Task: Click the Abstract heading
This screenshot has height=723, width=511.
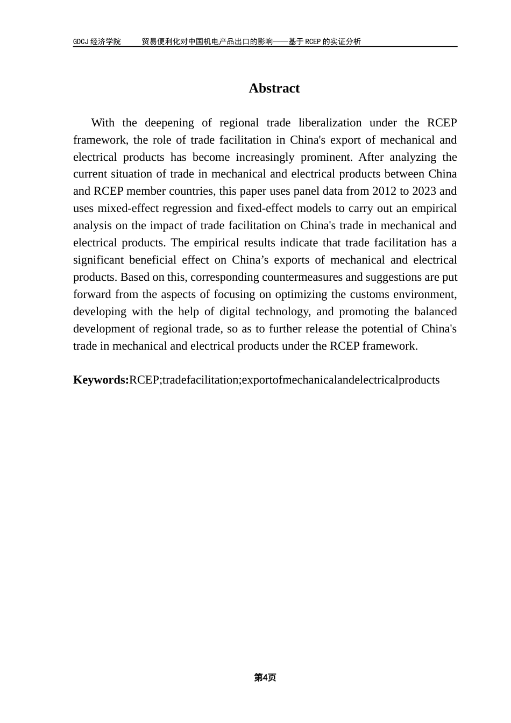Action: pyautogui.click(x=274, y=88)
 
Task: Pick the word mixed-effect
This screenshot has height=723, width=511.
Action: pyautogui.click(x=129, y=208)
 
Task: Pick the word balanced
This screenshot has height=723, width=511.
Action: pyautogui.click(x=435, y=311)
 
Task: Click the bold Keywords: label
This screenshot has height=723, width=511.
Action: pyautogui.click(x=101, y=380)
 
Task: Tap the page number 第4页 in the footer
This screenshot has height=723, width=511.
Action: pyautogui.click(x=265, y=678)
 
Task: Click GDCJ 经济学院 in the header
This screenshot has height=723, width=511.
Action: pyautogui.click(x=97, y=41)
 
